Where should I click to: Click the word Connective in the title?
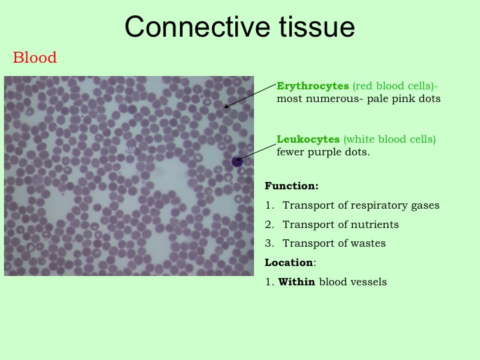coord(197,27)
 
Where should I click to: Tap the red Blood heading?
coord(35,57)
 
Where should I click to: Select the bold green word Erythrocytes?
coord(313,86)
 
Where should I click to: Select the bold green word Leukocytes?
coord(308,139)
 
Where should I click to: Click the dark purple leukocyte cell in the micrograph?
coord(237,161)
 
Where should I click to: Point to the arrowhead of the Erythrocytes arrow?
coord(226,106)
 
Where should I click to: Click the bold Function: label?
coord(291,186)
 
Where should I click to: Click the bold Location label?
coord(289,263)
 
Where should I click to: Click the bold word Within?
coord(296,281)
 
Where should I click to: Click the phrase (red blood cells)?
coord(393,86)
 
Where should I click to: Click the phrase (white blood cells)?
coord(389,139)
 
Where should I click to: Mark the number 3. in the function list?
coord(269,243)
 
